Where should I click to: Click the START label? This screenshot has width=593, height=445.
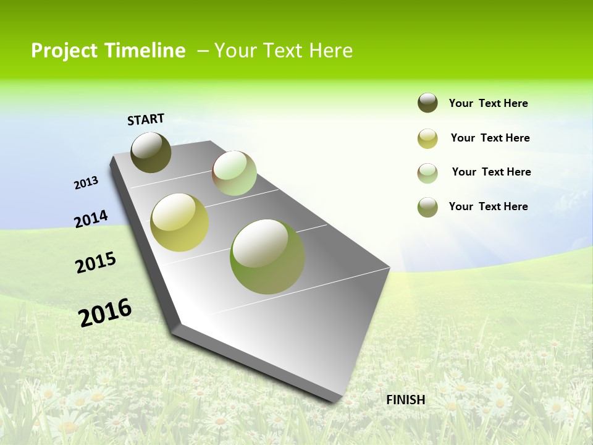(146, 119)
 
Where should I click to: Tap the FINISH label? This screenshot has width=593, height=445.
(406, 400)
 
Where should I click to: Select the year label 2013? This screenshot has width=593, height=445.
(86, 183)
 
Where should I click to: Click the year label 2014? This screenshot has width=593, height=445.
(91, 219)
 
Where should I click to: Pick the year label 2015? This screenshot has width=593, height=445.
(96, 263)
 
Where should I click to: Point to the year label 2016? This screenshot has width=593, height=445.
(105, 312)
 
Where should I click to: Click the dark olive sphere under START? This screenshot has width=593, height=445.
(151, 152)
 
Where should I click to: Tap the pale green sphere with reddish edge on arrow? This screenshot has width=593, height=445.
(234, 173)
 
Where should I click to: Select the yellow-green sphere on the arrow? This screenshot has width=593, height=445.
(180, 222)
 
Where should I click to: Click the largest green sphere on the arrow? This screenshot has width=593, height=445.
(267, 256)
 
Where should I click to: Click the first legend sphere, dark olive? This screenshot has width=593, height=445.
(427, 103)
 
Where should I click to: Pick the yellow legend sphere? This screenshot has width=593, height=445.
(427, 138)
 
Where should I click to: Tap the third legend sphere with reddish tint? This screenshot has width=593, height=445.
(427, 173)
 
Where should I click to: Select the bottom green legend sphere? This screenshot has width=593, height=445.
(427, 207)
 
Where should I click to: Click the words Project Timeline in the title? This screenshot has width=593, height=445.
(108, 51)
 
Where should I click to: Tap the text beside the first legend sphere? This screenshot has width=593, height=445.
(488, 104)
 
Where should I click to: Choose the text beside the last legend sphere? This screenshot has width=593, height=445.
(488, 206)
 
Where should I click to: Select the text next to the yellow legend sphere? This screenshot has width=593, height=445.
(490, 138)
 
